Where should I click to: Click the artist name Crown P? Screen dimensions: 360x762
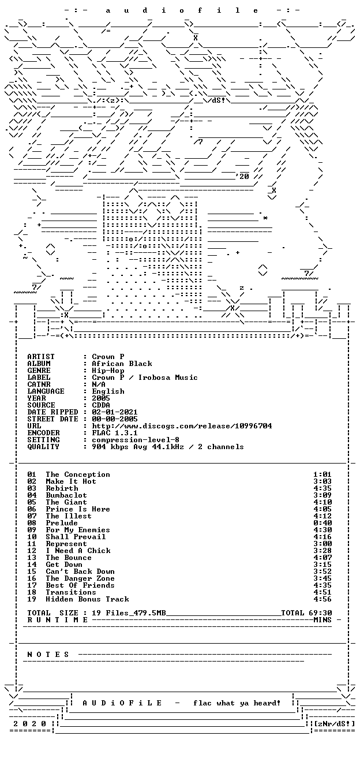(x=108, y=357)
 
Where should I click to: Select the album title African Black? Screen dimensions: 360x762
(x=122, y=363)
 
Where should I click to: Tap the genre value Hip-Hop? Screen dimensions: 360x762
(x=108, y=371)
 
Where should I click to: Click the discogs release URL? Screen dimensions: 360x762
(x=182, y=426)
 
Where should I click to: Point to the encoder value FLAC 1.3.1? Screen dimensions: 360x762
(x=115, y=433)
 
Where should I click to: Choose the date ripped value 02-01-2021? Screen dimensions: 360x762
(x=115, y=412)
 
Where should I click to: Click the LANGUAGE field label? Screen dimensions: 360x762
(x=46, y=391)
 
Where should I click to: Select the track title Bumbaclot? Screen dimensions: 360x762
(x=66, y=495)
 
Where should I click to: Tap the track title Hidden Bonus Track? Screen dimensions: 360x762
(x=87, y=599)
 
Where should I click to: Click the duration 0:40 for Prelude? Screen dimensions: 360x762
(x=322, y=523)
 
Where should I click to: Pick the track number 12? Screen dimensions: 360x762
(x=32, y=551)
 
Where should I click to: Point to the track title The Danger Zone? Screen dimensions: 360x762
(x=80, y=578)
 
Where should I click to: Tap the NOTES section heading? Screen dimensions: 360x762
(x=48, y=655)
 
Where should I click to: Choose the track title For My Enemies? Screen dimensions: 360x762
(x=78, y=530)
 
